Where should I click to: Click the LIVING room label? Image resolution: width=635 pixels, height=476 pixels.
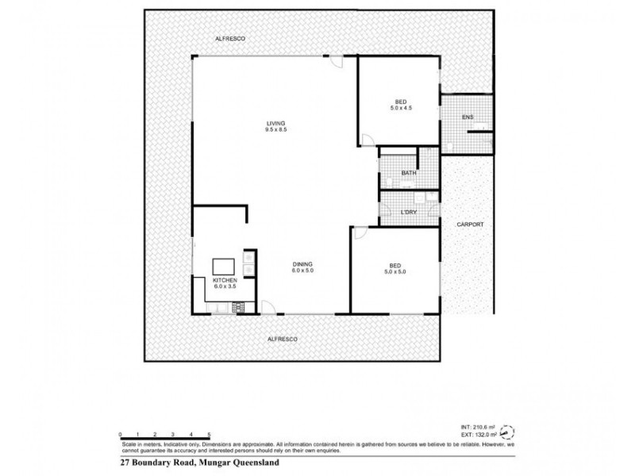click(275, 123)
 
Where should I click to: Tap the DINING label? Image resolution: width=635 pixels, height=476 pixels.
click(302, 263)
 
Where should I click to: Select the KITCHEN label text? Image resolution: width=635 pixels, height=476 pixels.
click(225, 281)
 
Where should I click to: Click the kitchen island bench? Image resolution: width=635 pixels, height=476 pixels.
click(224, 266)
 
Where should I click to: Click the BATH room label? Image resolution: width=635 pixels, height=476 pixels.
click(409, 172)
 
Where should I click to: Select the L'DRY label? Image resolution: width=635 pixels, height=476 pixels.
click(409, 212)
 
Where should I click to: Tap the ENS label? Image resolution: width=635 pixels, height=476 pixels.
click(468, 117)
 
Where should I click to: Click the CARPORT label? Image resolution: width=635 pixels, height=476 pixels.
click(470, 225)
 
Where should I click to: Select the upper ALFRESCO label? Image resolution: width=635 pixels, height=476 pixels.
click(229, 39)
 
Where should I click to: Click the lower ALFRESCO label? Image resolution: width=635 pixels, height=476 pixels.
click(283, 339)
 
